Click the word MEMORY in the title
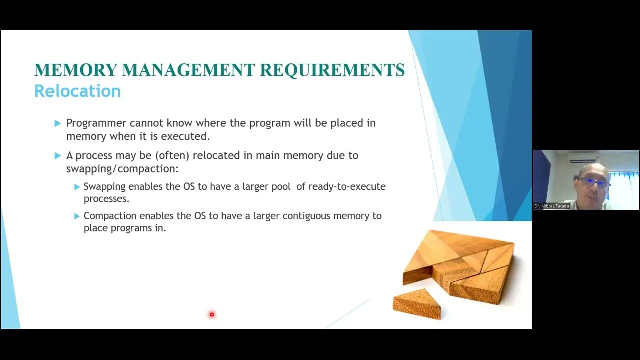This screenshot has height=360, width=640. point(74,70)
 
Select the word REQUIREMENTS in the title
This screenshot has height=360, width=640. point(332,70)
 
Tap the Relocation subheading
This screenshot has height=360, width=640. point(77,91)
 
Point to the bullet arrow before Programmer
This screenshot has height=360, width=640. point(57,123)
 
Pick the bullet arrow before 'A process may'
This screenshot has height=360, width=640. point(57,156)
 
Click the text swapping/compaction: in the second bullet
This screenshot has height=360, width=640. point(122,168)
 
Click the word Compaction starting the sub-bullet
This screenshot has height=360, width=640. point(110,216)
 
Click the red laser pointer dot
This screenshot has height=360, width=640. point(212,314)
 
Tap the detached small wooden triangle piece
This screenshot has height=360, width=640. point(418,303)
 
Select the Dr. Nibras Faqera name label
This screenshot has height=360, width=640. point(552,206)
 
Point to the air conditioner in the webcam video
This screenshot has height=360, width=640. point(583,157)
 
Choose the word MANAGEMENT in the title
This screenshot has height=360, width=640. point(188,70)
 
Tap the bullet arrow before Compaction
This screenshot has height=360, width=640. point(77,216)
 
